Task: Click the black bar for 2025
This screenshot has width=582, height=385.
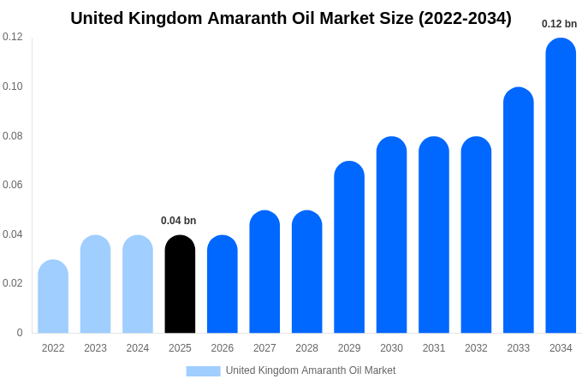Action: pyautogui.click(x=180, y=284)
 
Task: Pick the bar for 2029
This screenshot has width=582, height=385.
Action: pyautogui.click(x=349, y=247)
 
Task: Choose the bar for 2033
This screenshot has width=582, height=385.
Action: pyautogui.click(x=519, y=210)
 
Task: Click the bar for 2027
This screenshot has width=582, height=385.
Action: pyautogui.click(x=264, y=272)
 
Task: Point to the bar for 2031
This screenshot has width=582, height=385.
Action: pyautogui.click(x=434, y=235)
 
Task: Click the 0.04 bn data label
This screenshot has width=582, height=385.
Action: pyautogui.click(x=179, y=221)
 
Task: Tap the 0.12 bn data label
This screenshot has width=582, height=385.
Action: pyautogui.click(x=559, y=24)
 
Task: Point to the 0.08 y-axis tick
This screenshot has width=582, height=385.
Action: pyautogui.click(x=13, y=136)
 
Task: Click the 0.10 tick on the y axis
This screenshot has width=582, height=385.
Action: pyautogui.click(x=13, y=86)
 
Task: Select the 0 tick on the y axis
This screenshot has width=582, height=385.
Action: pyautogui.click(x=20, y=333)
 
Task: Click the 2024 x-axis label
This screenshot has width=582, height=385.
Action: pyautogui.click(x=138, y=348)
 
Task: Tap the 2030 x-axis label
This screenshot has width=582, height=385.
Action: pyautogui.click(x=391, y=348)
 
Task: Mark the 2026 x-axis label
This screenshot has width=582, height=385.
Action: pyautogui.click(x=223, y=348)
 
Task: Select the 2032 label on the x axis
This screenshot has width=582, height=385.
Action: pyautogui.click(x=476, y=348)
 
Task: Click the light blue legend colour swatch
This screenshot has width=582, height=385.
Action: pyautogui.click(x=203, y=370)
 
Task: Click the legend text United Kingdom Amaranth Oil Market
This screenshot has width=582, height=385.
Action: pyautogui.click(x=311, y=370)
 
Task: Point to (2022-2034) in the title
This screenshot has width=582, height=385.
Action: pyautogui.click(x=465, y=18)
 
